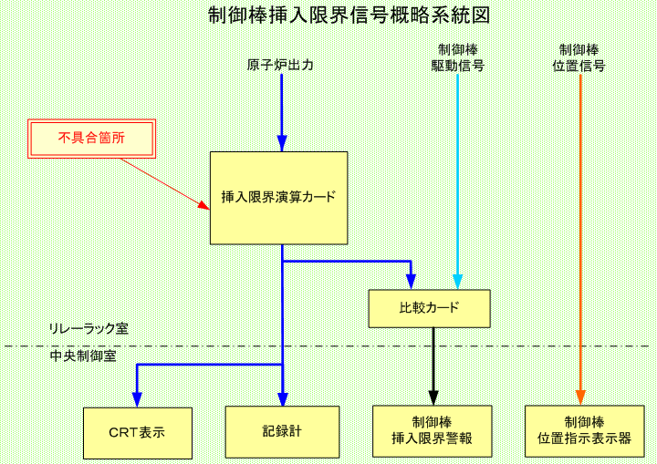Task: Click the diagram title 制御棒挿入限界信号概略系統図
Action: (x=349, y=15)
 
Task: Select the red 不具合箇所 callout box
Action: (x=92, y=139)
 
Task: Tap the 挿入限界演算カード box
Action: (x=278, y=198)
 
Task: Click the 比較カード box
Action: (x=430, y=309)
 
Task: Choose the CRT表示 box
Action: (x=138, y=433)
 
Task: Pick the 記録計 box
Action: (x=282, y=432)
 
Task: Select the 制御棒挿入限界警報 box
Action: (x=432, y=431)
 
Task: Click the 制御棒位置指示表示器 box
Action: (x=585, y=431)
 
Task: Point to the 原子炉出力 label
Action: (x=280, y=66)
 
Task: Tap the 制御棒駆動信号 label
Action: (x=457, y=58)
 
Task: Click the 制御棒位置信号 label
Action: (x=579, y=58)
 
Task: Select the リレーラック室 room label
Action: (x=89, y=329)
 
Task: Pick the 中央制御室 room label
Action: (x=83, y=356)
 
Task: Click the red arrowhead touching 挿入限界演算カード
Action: (x=204, y=205)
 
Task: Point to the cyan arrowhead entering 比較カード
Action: (x=457, y=283)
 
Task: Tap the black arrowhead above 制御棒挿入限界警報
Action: (x=433, y=397)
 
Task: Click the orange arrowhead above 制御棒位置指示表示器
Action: (x=580, y=397)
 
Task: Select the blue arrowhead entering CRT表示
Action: (x=137, y=400)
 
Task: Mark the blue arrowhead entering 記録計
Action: (x=283, y=399)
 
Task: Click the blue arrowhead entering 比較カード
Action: (x=411, y=283)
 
